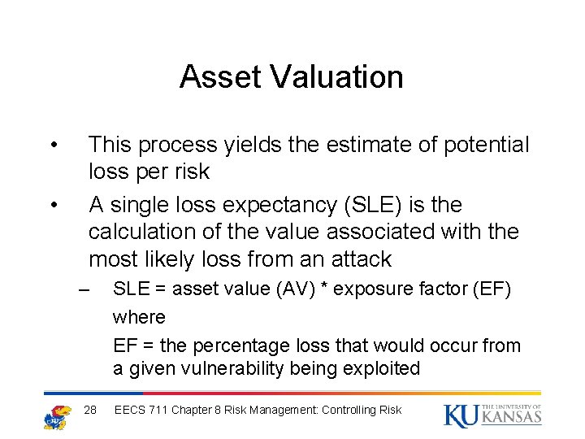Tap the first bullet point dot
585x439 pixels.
(52, 146)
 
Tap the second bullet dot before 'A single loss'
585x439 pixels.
(52, 205)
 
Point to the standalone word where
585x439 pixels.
(139, 317)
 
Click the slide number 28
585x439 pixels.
(90, 410)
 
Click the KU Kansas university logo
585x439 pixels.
(492, 415)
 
